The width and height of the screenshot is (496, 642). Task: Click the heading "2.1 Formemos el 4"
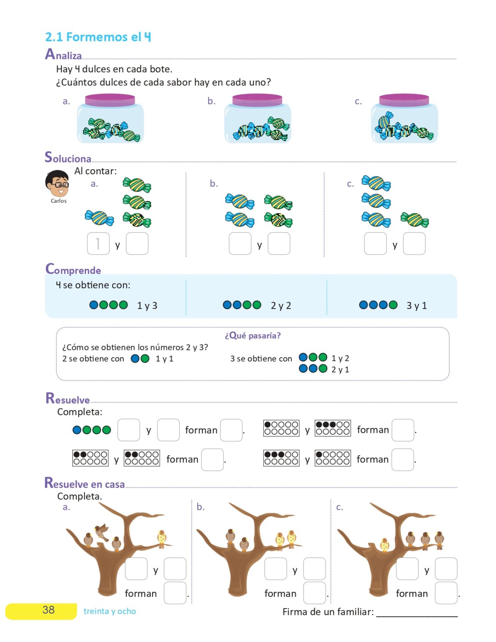98,37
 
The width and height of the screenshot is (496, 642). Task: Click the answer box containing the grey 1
98,243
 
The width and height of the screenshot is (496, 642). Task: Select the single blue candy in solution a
99,218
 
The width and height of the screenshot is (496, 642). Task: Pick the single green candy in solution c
415,220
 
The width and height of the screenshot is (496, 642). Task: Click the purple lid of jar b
257,100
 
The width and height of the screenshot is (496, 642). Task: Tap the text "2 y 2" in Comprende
281,306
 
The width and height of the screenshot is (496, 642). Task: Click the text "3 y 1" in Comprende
417,306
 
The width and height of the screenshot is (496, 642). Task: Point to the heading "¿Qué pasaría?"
253,336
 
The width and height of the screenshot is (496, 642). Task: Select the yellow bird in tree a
162,539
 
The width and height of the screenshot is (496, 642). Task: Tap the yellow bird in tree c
384,545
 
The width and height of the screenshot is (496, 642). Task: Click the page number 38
48,609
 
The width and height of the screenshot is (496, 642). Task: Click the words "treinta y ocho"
109,611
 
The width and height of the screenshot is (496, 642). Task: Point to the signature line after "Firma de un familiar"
417,617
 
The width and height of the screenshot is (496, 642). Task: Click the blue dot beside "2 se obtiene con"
135,359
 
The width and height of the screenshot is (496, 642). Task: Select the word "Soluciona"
68,157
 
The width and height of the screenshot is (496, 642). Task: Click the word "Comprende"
73,269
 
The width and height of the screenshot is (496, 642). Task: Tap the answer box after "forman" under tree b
314,593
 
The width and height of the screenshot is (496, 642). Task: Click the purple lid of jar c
404,100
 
